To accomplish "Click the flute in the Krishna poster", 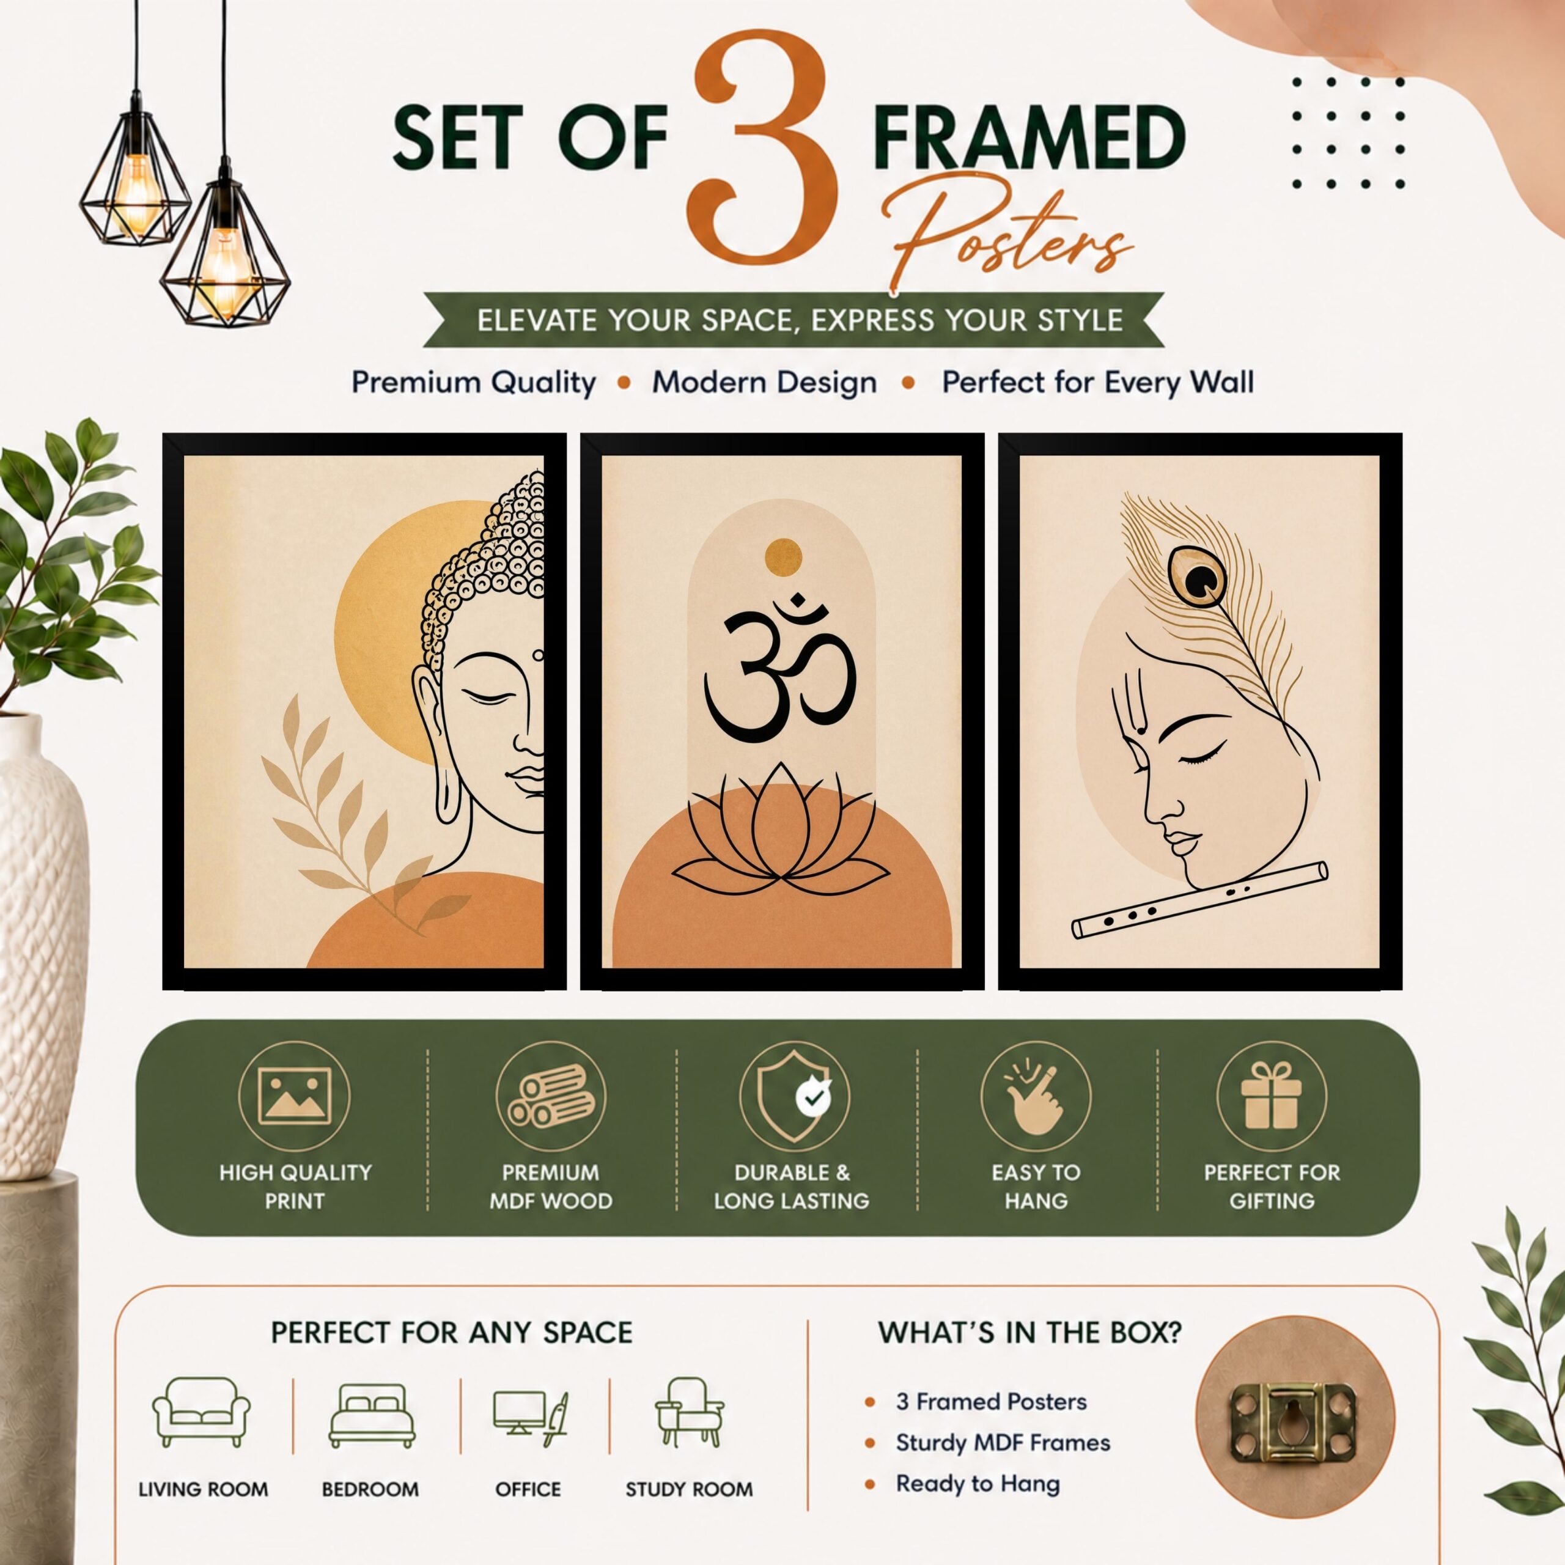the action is click(x=1199, y=900).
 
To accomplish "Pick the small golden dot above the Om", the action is click(x=783, y=558).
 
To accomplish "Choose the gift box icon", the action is click(x=1271, y=1096).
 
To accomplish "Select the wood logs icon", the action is click(x=551, y=1097).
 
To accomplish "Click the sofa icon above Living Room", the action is click(x=202, y=1412).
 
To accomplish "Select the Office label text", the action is click(x=528, y=1489).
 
